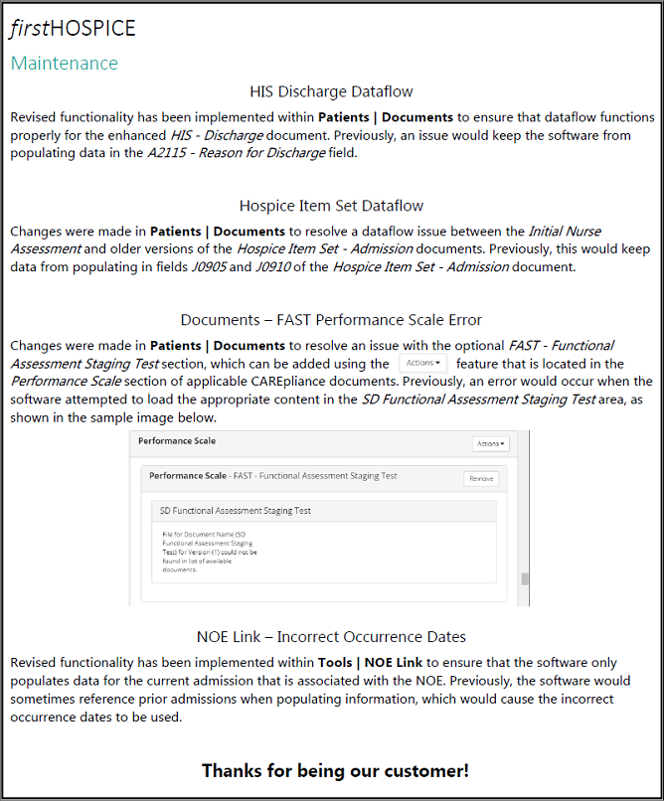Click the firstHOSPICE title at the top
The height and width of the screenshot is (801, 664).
pos(73,29)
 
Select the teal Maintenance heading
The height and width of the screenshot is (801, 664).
pos(64,64)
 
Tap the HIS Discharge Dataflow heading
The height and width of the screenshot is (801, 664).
pos(331,92)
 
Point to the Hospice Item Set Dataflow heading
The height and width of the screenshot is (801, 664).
pos(331,207)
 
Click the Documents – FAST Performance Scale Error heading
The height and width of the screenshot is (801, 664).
pos(331,320)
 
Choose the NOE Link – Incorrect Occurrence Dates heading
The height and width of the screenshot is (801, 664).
pos(331,637)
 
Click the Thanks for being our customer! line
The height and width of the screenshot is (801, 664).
pos(335,770)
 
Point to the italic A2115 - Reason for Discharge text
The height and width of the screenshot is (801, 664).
pos(236,153)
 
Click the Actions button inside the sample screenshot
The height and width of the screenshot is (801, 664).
pos(490,443)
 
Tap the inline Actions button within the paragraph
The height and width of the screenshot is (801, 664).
pos(422,364)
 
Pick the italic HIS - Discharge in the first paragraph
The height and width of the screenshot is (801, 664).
pos(217,135)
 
